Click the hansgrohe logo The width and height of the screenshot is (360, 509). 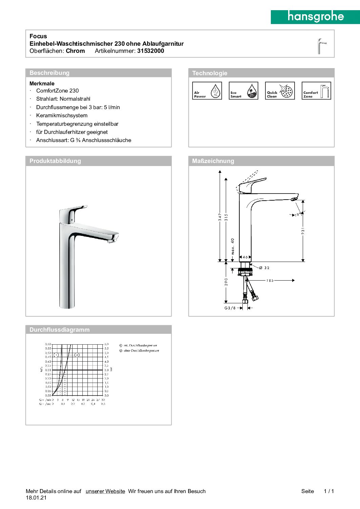click(x=315, y=17)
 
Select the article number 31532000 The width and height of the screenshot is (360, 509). click(x=151, y=51)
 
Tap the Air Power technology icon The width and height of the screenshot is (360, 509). click(x=207, y=91)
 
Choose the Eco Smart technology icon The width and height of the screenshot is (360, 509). click(x=243, y=91)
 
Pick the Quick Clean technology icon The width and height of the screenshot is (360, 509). click(x=280, y=91)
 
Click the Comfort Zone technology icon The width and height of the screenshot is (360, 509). click(x=316, y=91)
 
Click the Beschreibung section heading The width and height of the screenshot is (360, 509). click(x=49, y=73)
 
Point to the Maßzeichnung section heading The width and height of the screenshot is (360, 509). click(x=213, y=161)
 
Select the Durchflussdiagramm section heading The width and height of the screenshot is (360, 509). click(x=59, y=330)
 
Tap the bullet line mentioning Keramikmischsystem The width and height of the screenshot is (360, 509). click(x=62, y=116)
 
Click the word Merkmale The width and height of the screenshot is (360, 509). click(x=42, y=83)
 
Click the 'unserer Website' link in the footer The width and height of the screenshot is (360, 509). click(x=105, y=491)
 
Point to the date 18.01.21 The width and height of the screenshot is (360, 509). click(x=36, y=498)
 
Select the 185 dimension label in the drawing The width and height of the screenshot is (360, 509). click(x=270, y=280)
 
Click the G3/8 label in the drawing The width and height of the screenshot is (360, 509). click(x=230, y=308)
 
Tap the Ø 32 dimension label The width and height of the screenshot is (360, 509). click(x=264, y=268)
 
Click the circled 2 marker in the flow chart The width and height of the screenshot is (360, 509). click(x=77, y=355)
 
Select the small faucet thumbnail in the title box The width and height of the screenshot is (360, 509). click(x=321, y=46)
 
